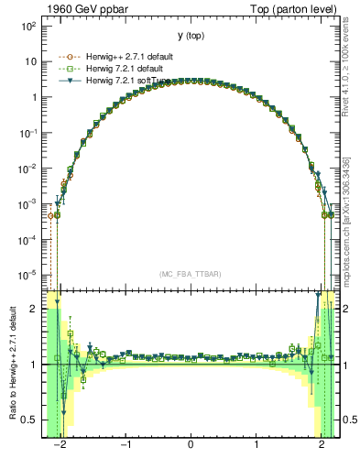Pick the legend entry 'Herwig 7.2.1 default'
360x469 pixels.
pyautogui.click(x=127, y=68)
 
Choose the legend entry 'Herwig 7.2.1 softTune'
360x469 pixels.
pyautogui.click(x=129, y=80)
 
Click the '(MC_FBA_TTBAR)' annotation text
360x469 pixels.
pyautogui.click(x=190, y=274)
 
